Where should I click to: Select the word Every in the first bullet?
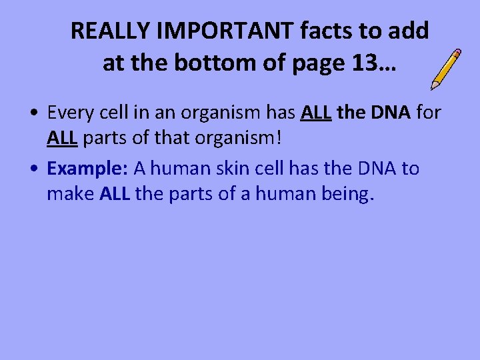coord(71,113)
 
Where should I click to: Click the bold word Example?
coord(88,169)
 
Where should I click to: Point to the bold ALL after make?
coord(117,195)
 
